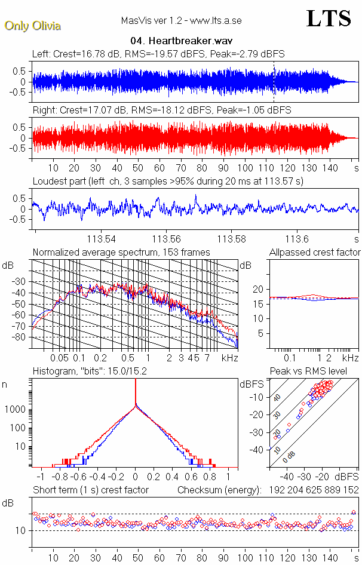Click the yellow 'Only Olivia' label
(33, 26)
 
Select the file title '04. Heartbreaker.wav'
(182, 41)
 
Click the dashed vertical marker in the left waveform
(274, 78)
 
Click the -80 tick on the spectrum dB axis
(23, 337)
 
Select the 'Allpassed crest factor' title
(315, 252)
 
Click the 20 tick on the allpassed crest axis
(258, 289)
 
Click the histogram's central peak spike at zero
(136, 394)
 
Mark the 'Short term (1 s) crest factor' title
(91, 490)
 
